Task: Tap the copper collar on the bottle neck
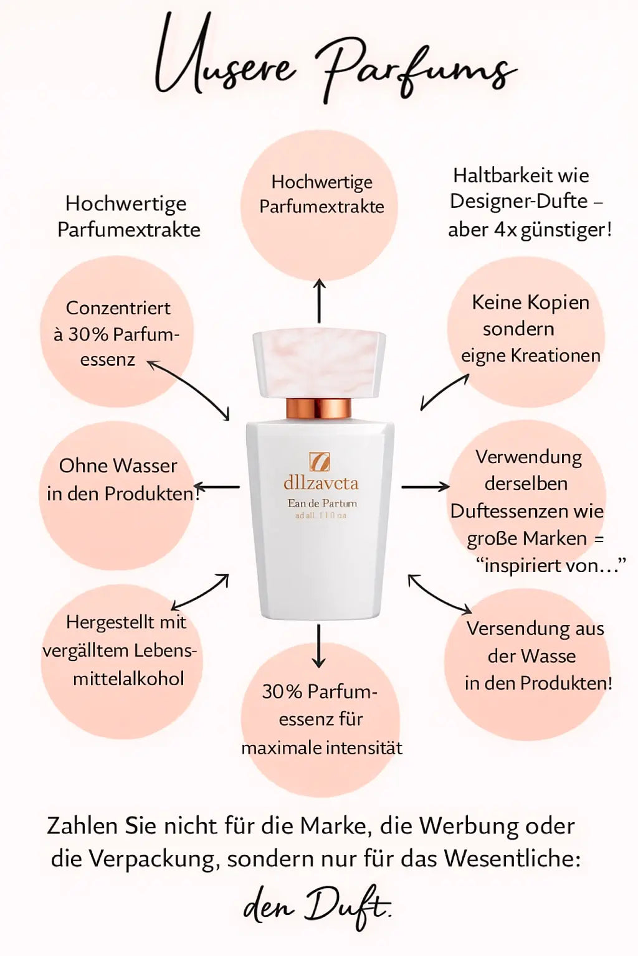pos(319,409)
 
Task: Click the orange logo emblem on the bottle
pos(320,462)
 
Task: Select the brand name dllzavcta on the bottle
pos(321,483)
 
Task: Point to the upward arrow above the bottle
pos(319,301)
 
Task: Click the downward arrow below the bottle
pos(319,645)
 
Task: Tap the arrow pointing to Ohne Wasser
pos(216,487)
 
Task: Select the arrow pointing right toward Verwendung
pos(425,486)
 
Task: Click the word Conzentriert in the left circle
pos(118,308)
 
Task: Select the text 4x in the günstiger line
pos(505,230)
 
